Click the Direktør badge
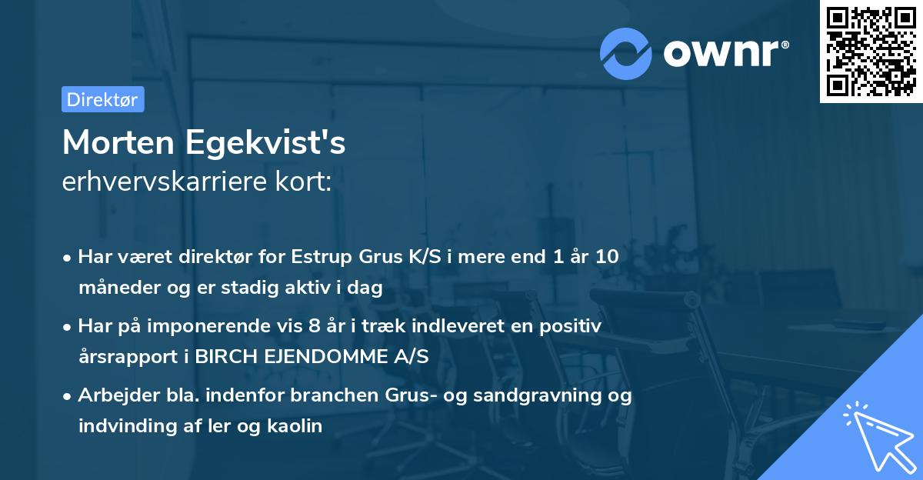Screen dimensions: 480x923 pos(102,99)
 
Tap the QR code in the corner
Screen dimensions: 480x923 pos(871,51)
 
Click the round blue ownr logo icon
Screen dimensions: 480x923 pos(626,53)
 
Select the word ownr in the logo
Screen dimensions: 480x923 pos(724,53)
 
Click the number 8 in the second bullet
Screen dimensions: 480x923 pos(313,326)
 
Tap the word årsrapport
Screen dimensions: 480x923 pos(124,357)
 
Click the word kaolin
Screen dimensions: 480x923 pos(296,425)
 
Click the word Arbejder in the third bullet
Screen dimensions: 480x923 pos(112,395)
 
